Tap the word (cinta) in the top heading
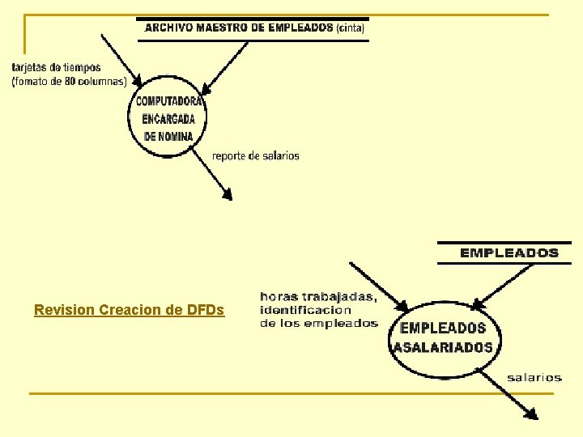click(x=351, y=27)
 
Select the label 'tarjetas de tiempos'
click(x=57, y=67)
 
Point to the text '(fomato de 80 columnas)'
click(x=69, y=81)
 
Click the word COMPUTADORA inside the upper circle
click(x=169, y=102)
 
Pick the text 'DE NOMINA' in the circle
click(x=169, y=137)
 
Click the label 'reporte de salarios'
click(x=256, y=155)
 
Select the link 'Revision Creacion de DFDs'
click(x=130, y=310)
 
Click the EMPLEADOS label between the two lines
click(x=509, y=252)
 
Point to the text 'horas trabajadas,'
click(x=318, y=296)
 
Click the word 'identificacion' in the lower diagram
click(x=306, y=310)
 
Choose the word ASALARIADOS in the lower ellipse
click(x=443, y=347)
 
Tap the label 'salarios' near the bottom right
click(x=534, y=377)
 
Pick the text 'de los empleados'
click(x=319, y=324)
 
